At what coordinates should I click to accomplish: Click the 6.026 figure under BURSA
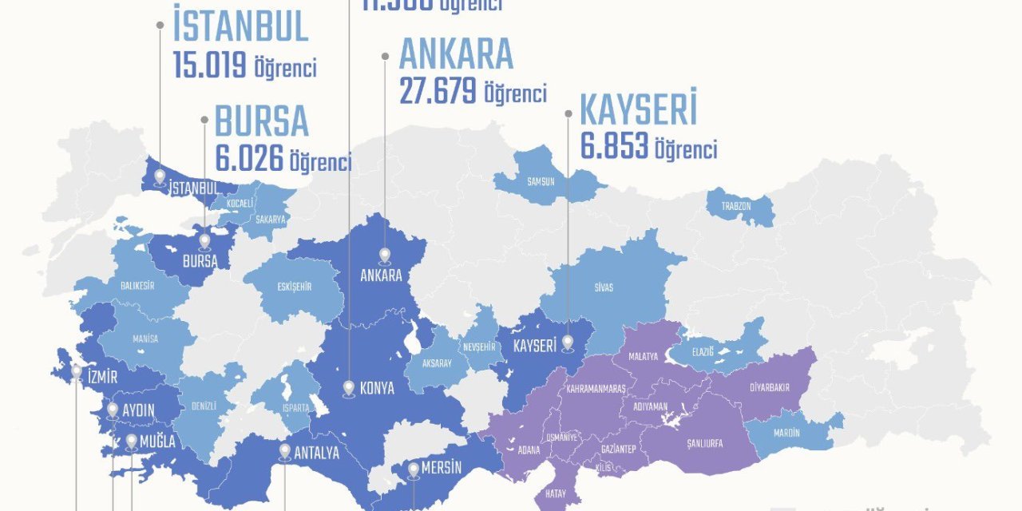pos(249,159)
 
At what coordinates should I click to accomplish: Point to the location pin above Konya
pos(349,389)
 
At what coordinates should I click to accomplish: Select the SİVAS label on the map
pos(604,287)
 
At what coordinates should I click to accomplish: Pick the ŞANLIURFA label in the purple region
pos(704,443)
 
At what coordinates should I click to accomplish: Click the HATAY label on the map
pos(556,494)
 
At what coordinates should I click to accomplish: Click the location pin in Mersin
pos(414,470)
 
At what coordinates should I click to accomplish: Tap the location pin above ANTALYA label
pos(285,451)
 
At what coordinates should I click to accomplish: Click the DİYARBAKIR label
pos(770,387)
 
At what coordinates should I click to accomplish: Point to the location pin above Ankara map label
pos(385,255)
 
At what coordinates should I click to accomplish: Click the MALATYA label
pos(643,356)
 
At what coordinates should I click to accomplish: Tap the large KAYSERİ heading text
pos(638,110)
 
